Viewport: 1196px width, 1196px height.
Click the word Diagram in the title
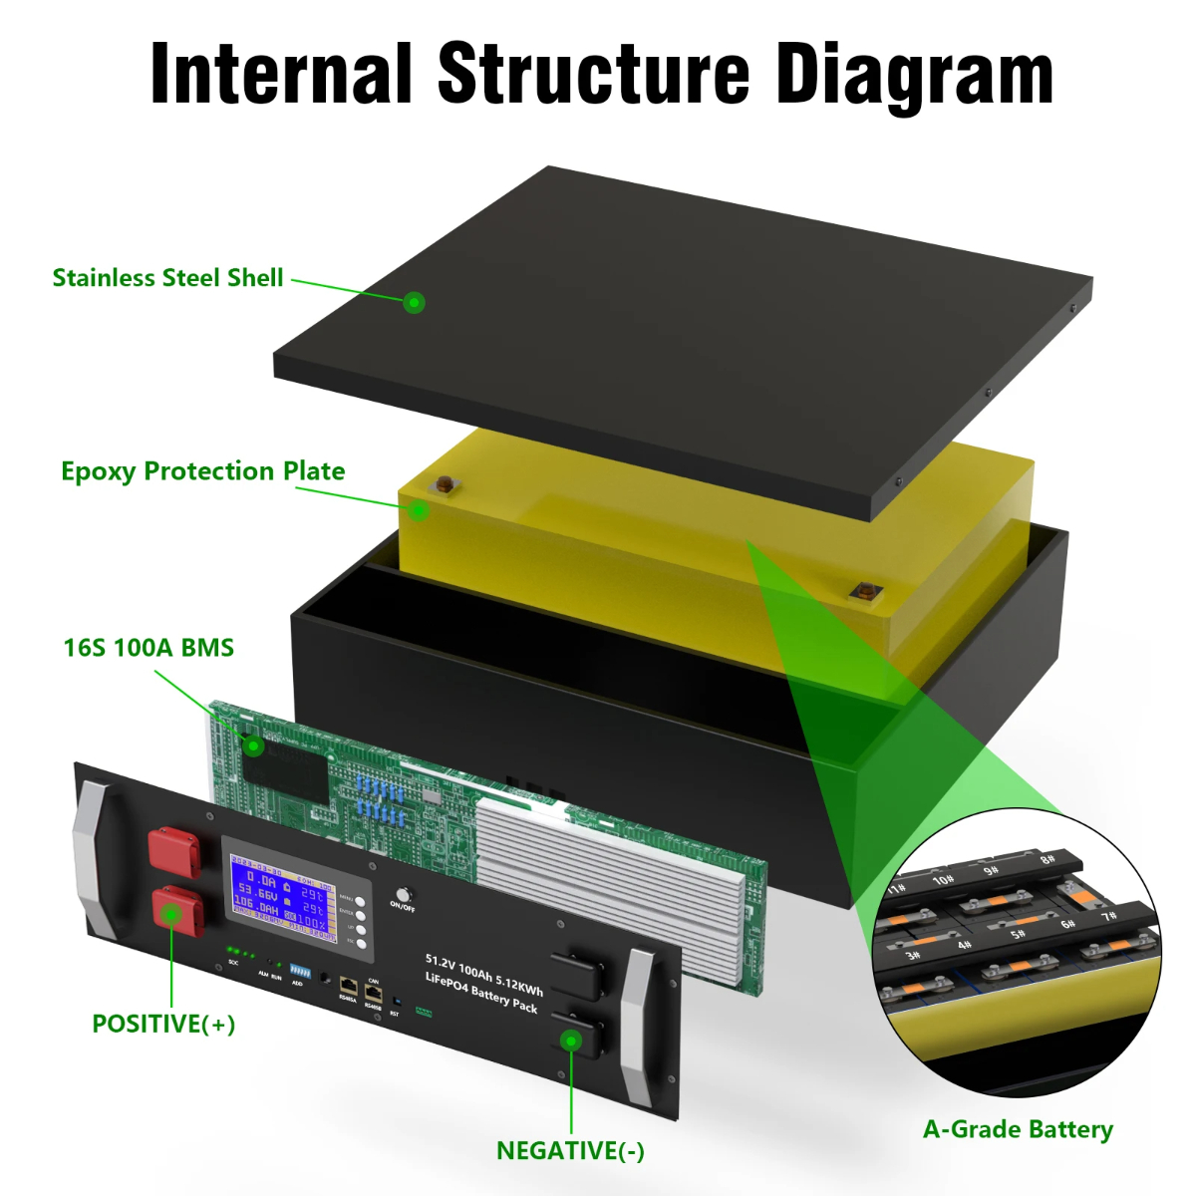coord(914,75)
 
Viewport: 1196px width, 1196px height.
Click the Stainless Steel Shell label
coord(167,278)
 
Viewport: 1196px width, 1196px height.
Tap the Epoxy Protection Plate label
coord(202,471)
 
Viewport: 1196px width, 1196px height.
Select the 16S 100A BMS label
coord(149,648)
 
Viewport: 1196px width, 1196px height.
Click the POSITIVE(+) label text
coord(163,1024)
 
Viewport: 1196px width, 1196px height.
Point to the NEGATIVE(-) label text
coord(570,1151)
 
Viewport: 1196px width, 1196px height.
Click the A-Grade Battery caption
coord(1018,1129)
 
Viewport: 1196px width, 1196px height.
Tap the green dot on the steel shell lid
coord(415,301)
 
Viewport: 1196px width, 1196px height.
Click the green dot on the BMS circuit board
coord(254,746)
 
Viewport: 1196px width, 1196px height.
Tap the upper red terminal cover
coord(173,848)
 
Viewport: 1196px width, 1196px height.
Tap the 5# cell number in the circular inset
coord(1018,934)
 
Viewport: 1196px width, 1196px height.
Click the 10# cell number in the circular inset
coord(943,880)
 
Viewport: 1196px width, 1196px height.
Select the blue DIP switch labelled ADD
coord(296,970)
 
